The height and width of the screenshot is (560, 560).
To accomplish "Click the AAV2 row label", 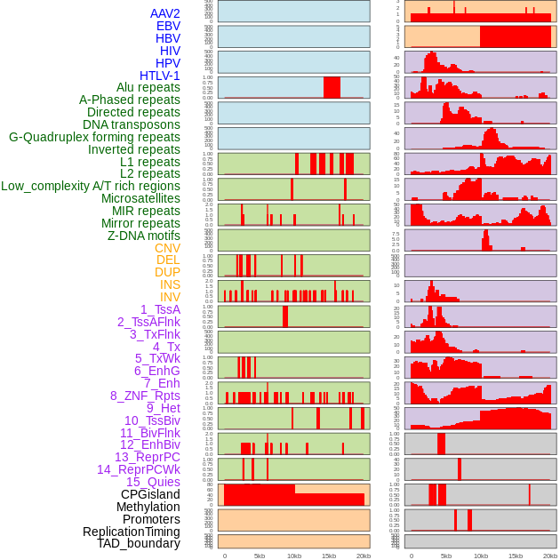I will [x=164, y=13].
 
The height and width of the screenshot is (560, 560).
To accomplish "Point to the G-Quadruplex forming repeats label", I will [x=94, y=137].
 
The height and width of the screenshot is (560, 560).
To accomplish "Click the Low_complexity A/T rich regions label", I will [x=91, y=186].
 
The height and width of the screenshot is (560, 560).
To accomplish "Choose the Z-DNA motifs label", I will [x=143, y=236].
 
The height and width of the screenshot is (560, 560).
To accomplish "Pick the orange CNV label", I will [x=167, y=248].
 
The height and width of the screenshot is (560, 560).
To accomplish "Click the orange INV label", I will [x=170, y=297].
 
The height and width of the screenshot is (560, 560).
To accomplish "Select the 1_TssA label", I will [x=160, y=309].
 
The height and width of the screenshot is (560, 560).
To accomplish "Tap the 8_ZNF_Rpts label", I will [x=145, y=396].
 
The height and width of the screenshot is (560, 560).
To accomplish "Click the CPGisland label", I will [x=150, y=494].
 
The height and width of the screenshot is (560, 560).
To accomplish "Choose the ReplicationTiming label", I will [x=131, y=532].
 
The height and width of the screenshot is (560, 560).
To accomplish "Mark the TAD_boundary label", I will [x=138, y=543].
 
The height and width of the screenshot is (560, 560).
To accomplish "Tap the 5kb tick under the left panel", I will [x=260, y=556].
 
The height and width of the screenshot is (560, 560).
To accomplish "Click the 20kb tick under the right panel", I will [x=550, y=556].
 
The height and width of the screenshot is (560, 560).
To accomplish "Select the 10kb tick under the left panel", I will [x=294, y=556].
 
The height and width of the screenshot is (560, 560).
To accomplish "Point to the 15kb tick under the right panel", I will [x=516, y=556].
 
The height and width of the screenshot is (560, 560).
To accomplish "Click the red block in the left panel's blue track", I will [x=332, y=87].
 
